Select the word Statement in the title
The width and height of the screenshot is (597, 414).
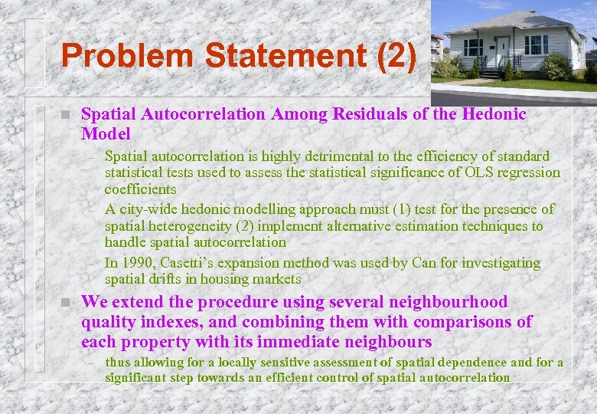[x=270, y=55]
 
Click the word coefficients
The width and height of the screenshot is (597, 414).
[x=141, y=189]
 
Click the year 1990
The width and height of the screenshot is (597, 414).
[x=135, y=263]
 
